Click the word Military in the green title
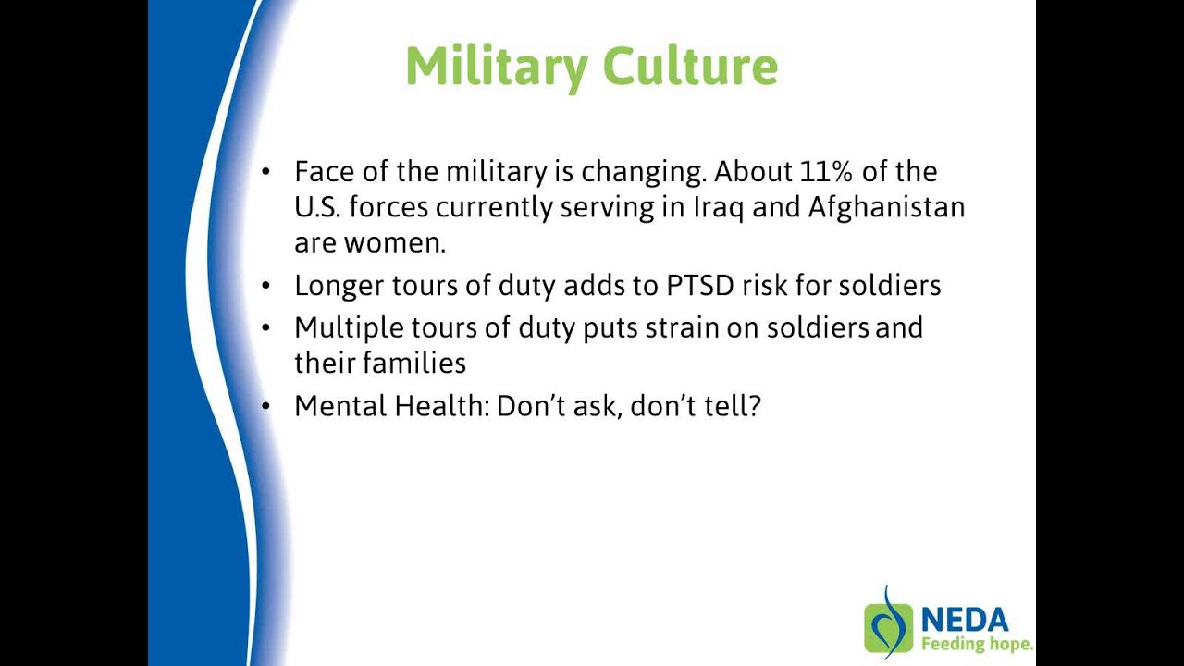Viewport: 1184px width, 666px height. point(496,67)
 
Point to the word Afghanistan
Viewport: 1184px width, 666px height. point(886,207)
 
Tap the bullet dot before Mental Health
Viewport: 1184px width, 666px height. point(267,406)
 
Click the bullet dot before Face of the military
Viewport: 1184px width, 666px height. point(267,172)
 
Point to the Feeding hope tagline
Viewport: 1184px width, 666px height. point(976,644)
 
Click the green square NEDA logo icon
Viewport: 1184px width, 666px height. point(888,628)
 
